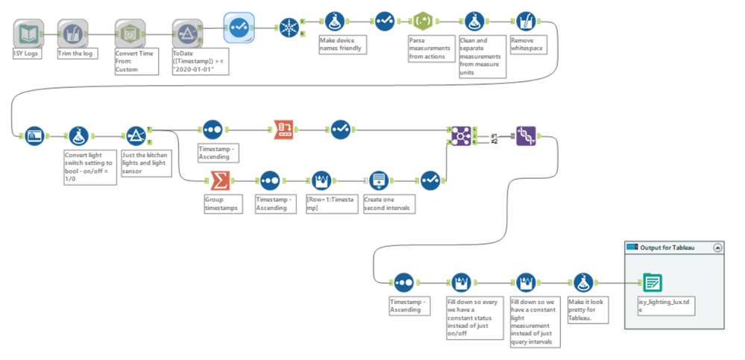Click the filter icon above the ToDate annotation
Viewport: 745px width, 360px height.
[x=184, y=33]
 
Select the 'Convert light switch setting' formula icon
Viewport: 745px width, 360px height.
[x=79, y=136]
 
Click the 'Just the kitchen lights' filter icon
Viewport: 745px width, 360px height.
[x=136, y=136]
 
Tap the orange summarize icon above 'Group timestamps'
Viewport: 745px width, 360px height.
[x=220, y=180]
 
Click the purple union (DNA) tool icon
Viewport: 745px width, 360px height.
[x=526, y=136]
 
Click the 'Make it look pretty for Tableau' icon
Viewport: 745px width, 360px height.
[x=583, y=282]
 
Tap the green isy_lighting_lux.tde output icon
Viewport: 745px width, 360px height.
[x=652, y=282]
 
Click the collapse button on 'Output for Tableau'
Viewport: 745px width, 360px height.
[x=717, y=247]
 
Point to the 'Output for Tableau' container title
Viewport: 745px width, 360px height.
[x=667, y=247]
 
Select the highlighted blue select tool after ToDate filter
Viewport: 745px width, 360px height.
[x=239, y=27]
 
